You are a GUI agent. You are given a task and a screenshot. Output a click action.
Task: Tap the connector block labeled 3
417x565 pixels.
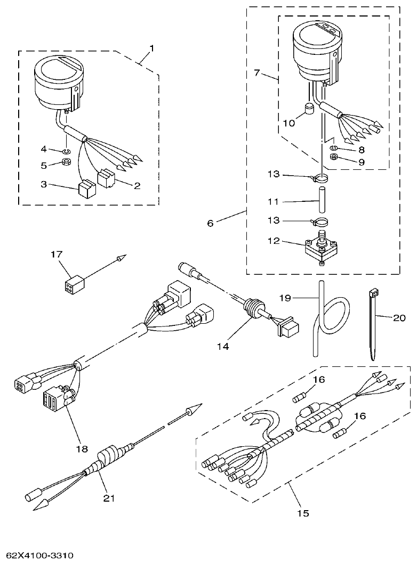[x=86, y=189]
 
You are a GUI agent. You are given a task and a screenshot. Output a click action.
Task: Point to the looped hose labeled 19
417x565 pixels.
[x=323, y=325]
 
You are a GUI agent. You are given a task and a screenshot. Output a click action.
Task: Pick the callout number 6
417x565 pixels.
[x=210, y=223]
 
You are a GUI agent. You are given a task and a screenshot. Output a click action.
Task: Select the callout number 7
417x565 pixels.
[x=256, y=72]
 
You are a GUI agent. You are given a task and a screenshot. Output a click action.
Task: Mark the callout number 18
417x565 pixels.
[x=82, y=449]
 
